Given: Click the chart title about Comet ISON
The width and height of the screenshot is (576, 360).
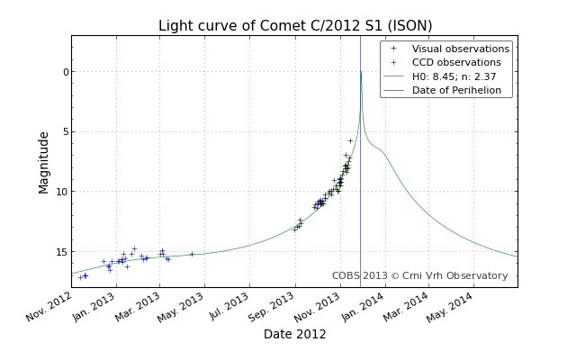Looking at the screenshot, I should (x=295, y=25).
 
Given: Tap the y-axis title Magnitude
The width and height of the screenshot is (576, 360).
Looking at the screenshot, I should (x=44, y=162).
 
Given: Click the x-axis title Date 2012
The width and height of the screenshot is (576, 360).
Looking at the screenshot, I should (x=295, y=334).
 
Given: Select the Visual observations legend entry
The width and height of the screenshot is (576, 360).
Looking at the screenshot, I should (x=460, y=49).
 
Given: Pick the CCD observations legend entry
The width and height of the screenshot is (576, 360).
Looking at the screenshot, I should (x=455, y=62).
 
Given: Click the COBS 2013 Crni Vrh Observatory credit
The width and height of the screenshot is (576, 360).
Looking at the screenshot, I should (x=419, y=275).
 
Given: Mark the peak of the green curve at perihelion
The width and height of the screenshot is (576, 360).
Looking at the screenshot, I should (x=361, y=72).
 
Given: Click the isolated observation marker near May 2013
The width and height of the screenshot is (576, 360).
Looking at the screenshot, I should (x=192, y=254).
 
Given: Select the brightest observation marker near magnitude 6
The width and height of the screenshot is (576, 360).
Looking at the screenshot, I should (x=350, y=140).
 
